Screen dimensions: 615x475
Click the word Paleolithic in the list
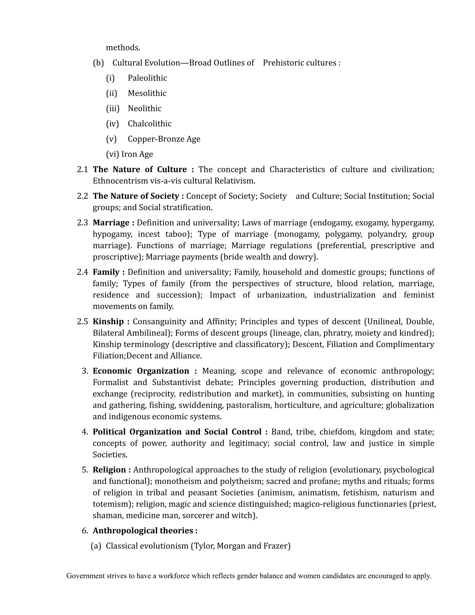(x=147, y=78)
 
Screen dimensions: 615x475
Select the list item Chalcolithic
(x=149, y=124)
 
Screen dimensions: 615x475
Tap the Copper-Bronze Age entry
(x=164, y=139)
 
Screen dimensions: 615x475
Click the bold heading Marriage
(x=111, y=223)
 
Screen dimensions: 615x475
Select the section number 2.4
(x=82, y=272)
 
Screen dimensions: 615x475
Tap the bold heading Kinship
(x=108, y=322)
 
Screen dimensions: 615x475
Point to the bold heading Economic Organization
(x=141, y=371)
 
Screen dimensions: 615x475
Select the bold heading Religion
(x=109, y=470)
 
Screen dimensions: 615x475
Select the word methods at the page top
(x=123, y=48)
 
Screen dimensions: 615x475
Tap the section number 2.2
(x=82, y=196)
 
